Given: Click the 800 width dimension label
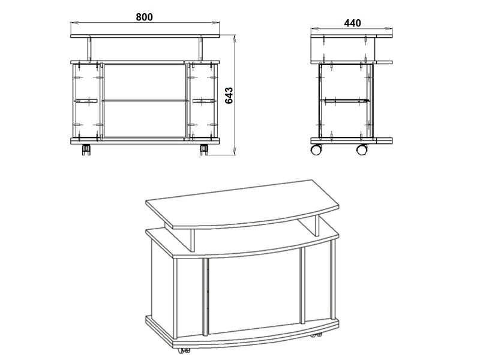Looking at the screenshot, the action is click(x=144, y=17).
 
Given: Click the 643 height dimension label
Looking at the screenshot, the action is click(x=229, y=96).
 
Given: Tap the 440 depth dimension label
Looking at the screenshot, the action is click(x=352, y=23).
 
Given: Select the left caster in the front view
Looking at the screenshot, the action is click(x=86, y=149).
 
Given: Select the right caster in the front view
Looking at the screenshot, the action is click(x=204, y=149).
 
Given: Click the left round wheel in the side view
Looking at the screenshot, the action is click(x=316, y=149).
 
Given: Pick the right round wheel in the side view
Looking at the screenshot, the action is click(x=362, y=149).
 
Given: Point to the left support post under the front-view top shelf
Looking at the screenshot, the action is click(x=89, y=49).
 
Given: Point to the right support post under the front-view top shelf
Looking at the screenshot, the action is click(x=201, y=49).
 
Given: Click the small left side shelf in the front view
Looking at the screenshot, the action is click(x=85, y=100).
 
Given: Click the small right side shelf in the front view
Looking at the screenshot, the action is click(x=205, y=100).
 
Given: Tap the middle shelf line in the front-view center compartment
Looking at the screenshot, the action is click(x=145, y=100).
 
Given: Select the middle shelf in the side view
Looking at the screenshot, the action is click(x=344, y=100).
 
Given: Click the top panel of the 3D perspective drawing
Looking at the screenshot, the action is click(x=242, y=203).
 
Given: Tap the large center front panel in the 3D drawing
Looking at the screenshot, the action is click(x=254, y=291).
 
